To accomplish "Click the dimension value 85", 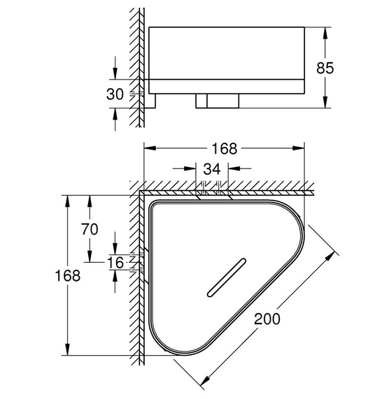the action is pos(325,68).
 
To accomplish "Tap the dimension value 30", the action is pos(115,94).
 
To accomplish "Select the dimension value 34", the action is pos(212,168).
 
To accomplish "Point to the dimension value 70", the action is pos(90,228).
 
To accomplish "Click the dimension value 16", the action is pos(115,263).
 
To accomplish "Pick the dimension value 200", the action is pos(267,319).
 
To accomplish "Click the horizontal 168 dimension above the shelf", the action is pos(225,148).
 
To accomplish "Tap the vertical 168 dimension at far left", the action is pos(68,275).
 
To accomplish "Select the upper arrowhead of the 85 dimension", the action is pos(325,33).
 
